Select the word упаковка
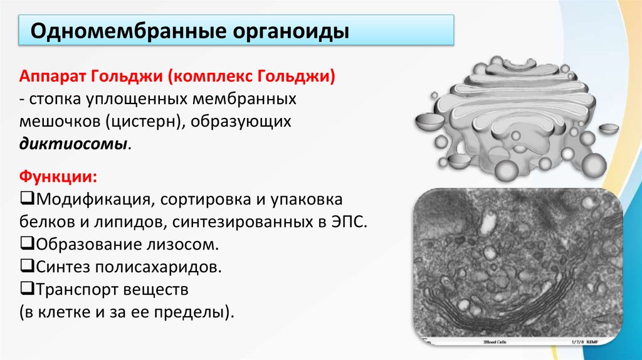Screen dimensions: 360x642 [307, 200]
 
